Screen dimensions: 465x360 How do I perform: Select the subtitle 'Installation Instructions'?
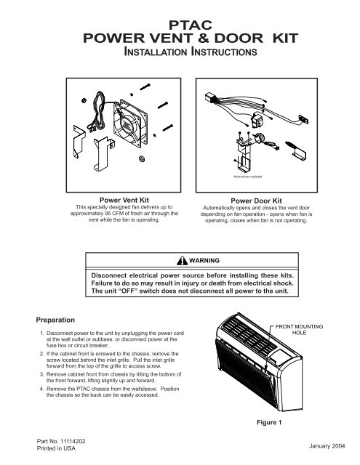(x=180, y=53)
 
